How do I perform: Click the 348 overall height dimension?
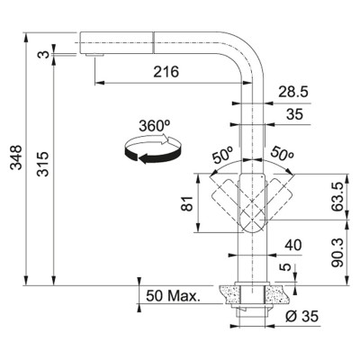[x=16, y=157]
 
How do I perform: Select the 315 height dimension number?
[x=42, y=164]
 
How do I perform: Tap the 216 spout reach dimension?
[x=166, y=72]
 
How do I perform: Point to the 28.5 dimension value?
[x=293, y=92]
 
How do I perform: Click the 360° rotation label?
[x=155, y=126]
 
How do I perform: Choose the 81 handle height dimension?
[x=188, y=203]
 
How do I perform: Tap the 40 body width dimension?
[x=293, y=246]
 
